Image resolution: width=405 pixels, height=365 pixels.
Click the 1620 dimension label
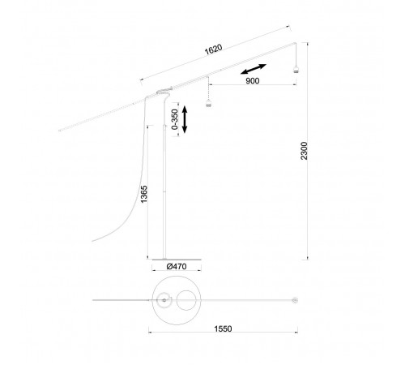(213, 49)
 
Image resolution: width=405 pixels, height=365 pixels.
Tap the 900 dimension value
(253, 81)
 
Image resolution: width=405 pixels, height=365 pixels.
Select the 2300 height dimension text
(305, 151)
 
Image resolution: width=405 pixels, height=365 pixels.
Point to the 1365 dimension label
(144, 194)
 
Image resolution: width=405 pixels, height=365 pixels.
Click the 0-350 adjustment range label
(175, 119)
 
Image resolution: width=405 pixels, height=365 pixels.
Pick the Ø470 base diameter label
(177, 267)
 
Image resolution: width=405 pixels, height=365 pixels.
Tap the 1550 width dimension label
(223, 328)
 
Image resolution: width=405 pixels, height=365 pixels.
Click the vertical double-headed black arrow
(185, 119)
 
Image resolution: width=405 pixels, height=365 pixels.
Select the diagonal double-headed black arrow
(254, 69)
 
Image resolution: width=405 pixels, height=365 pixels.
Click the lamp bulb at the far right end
(296, 70)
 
